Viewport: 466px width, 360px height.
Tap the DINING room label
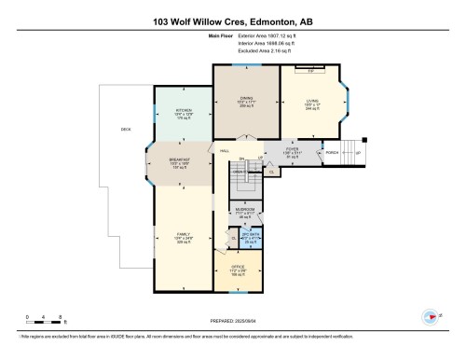point(245,101)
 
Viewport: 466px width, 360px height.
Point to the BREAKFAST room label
point(180,159)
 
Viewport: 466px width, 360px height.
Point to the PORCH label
point(331,152)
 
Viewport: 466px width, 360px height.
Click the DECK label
point(126,129)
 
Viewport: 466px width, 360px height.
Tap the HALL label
point(225,150)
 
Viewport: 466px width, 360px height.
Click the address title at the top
point(232,21)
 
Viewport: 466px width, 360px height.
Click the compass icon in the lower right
point(432,315)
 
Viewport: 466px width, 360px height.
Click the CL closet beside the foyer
point(271,172)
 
